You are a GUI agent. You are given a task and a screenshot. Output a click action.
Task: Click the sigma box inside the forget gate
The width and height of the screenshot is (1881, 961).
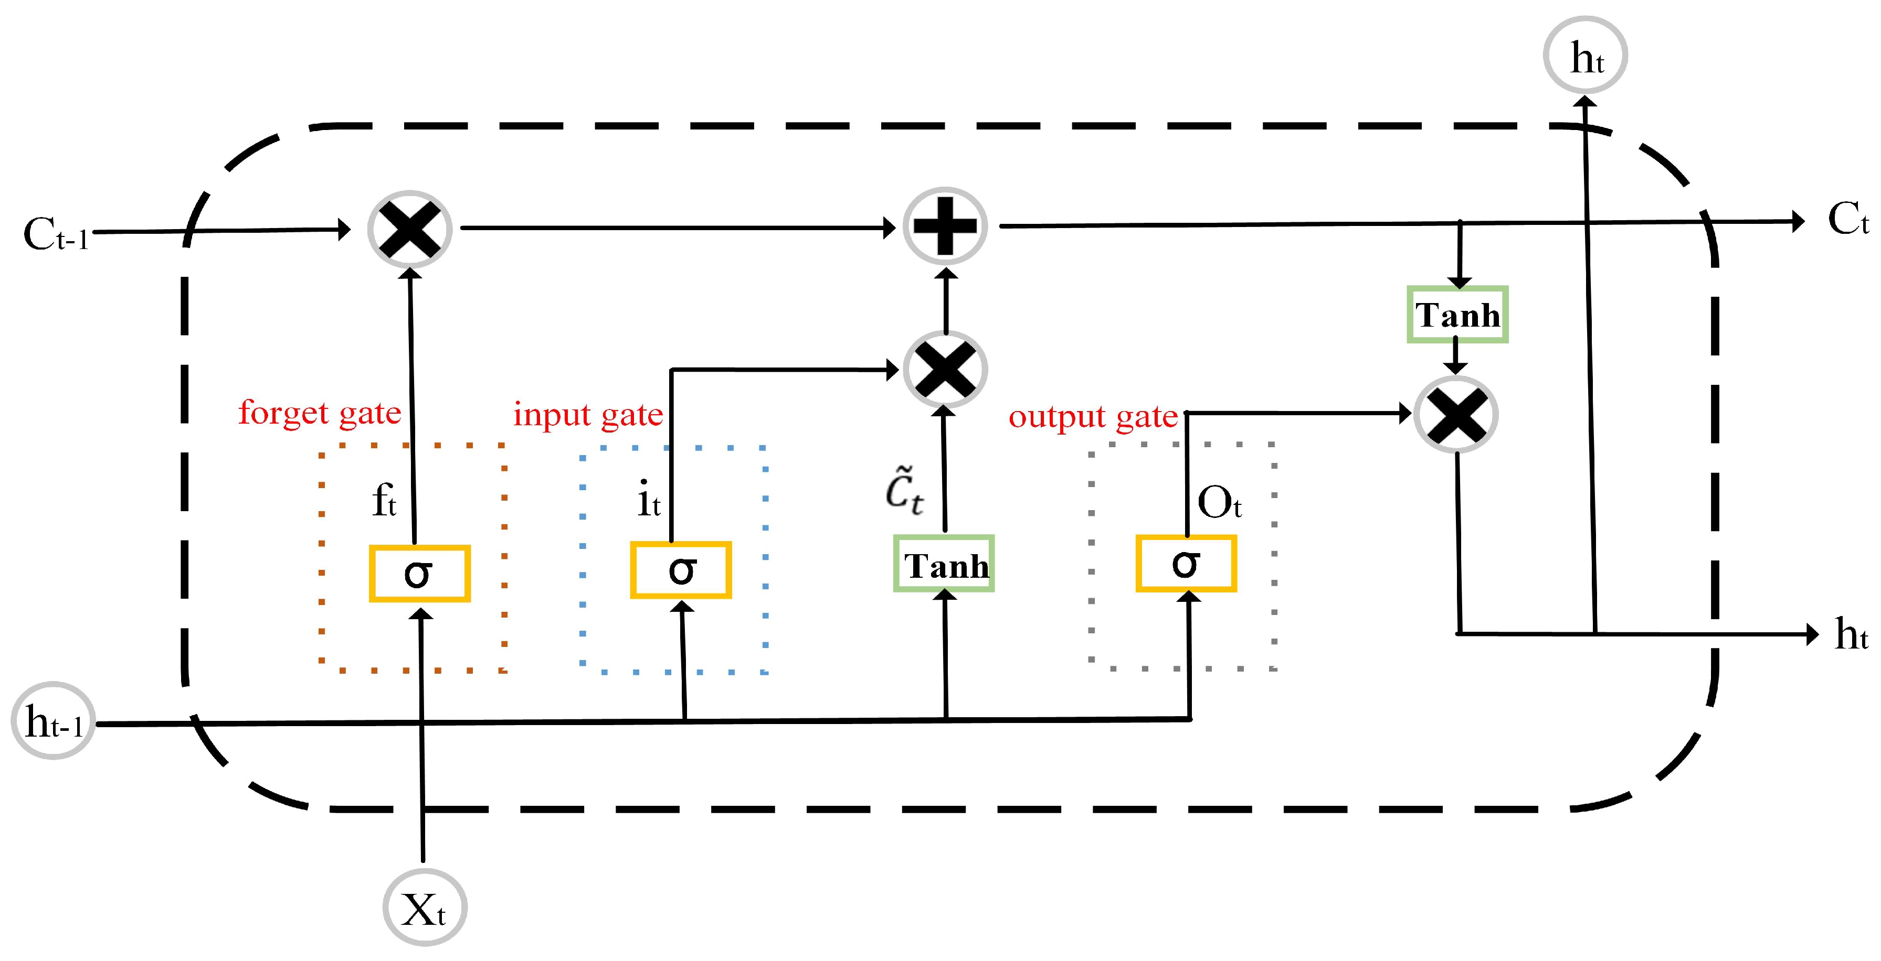(x=419, y=574)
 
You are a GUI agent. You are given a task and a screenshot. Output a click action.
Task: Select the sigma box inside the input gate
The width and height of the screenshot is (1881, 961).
(x=681, y=570)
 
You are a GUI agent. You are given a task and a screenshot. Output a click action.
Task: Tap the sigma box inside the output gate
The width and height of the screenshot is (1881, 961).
(x=1186, y=563)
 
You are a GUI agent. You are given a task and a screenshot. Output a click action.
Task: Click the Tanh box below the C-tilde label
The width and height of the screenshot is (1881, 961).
(x=944, y=563)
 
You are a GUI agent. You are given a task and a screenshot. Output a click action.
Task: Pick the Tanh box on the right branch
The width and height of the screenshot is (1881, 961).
(x=1457, y=315)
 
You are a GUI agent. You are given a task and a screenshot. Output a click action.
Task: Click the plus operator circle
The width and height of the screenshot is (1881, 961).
(x=945, y=226)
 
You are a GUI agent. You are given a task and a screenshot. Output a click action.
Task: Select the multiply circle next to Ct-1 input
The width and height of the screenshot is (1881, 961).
(x=410, y=229)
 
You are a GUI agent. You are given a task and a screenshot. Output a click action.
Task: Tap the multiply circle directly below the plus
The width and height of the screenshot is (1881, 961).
(x=945, y=369)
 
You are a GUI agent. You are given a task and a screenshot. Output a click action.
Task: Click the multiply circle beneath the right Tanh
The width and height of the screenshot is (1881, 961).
(x=1456, y=415)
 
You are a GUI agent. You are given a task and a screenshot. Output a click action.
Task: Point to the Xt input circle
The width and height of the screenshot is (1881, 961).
(x=424, y=908)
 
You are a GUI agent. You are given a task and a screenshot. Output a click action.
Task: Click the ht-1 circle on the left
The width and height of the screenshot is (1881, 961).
(x=52, y=721)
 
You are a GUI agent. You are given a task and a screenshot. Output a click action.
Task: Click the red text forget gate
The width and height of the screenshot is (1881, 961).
(x=319, y=413)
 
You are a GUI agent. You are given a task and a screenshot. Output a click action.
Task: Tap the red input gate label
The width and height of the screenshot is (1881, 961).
(x=588, y=415)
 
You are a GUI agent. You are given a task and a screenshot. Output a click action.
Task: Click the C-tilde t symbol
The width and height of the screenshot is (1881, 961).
(x=904, y=490)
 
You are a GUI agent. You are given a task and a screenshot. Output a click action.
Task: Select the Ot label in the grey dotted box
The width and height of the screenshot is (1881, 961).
(x=1219, y=502)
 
